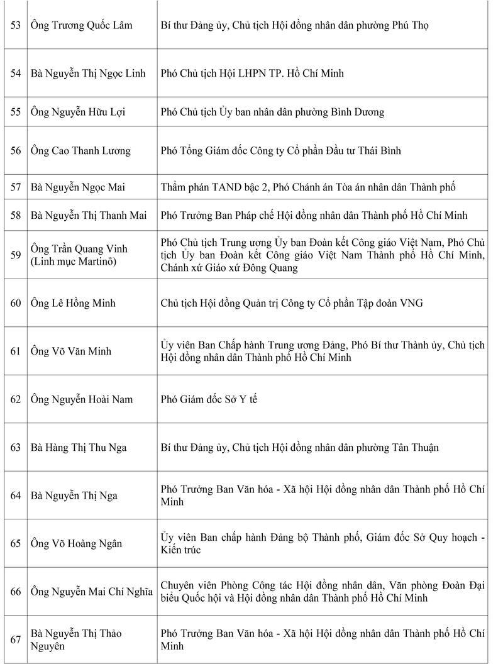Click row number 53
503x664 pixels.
[16, 26]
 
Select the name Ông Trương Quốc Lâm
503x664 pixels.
[79, 26]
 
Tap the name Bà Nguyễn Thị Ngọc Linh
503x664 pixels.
[88, 74]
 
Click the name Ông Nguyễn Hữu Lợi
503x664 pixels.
[77, 112]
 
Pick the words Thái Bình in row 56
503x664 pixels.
[380, 151]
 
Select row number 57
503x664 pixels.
[16, 187]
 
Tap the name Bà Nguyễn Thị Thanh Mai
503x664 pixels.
[89, 216]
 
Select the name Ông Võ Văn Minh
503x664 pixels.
[71, 351]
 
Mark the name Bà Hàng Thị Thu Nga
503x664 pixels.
[79, 448]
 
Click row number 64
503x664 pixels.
[16, 495]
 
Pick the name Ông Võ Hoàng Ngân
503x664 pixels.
[76, 544]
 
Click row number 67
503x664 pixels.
[16, 639]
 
